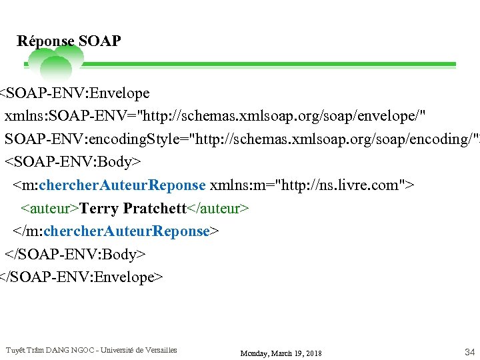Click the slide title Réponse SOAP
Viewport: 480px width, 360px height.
tap(69, 41)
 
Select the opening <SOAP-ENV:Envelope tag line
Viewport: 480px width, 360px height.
tap(74, 93)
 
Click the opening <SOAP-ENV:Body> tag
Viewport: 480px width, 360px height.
tap(73, 162)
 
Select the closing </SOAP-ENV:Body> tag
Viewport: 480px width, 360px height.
tap(75, 254)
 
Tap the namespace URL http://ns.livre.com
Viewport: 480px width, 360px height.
tap(340, 185)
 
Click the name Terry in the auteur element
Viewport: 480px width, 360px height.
tap(99, 208)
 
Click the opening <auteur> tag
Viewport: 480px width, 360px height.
tap(50, 208)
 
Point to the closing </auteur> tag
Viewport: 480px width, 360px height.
tap(218, 208)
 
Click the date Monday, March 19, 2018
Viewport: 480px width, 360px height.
tap(281, 353)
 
